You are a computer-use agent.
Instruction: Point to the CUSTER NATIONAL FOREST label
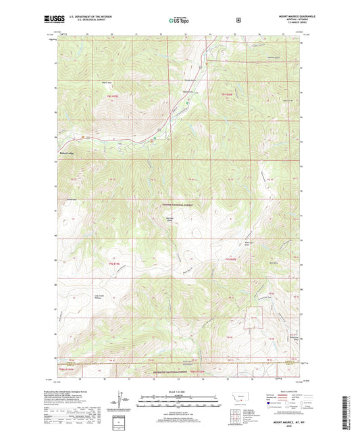[178, 204]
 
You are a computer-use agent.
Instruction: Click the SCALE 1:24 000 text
[180, 391]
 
